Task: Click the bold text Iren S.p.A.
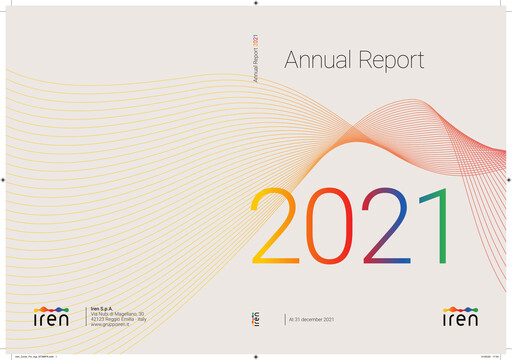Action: [103, 307]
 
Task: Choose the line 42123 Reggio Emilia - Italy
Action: [118, 320]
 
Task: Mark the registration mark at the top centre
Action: [256, 6]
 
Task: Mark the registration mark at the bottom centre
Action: [256, 354]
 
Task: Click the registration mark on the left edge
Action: [6, 180]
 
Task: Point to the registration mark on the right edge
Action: [506, 180]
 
